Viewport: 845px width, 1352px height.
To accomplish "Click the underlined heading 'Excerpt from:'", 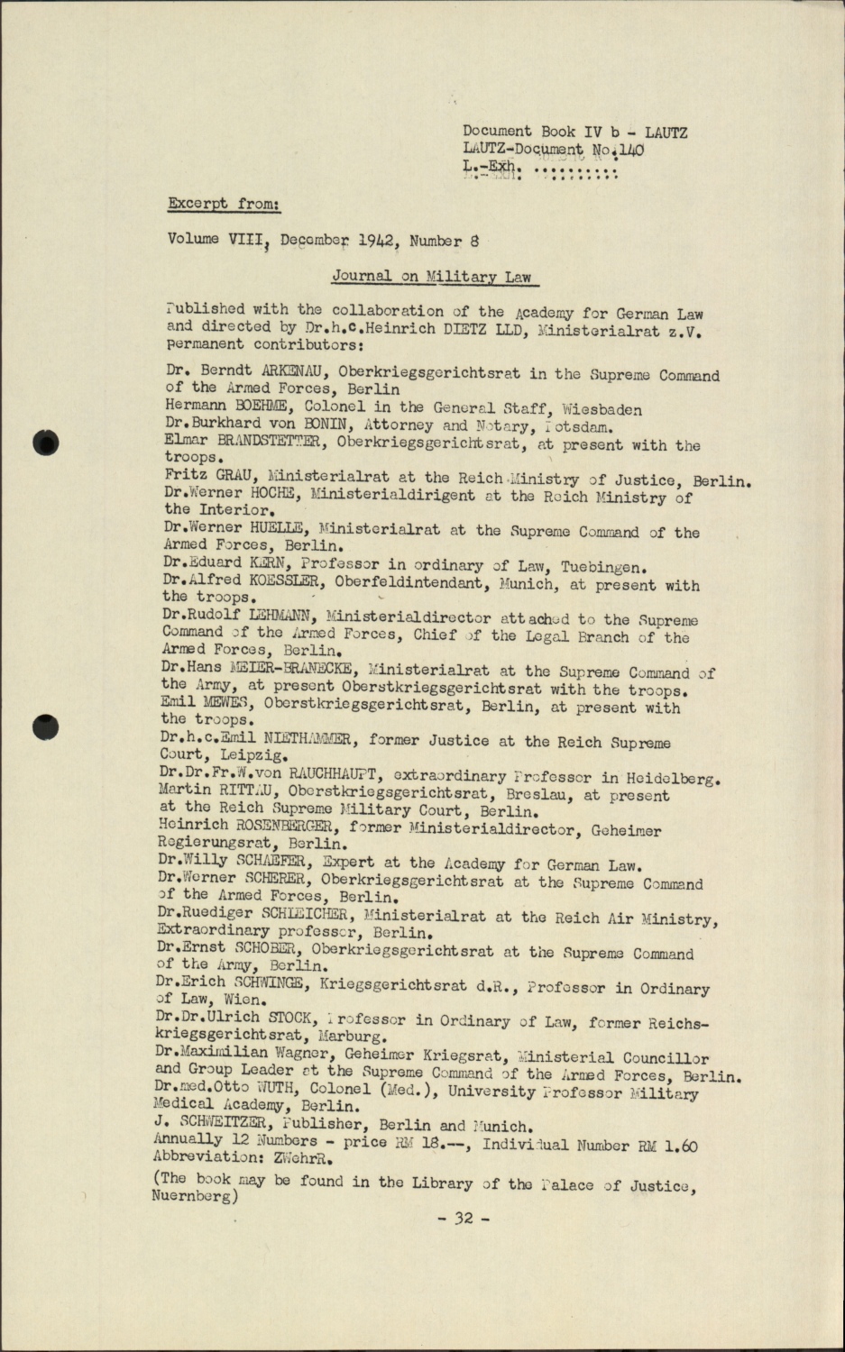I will pos(224,204).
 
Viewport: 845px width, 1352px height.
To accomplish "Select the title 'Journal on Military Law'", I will pos(431,277).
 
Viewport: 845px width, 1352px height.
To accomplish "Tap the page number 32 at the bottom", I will pos(464,1219).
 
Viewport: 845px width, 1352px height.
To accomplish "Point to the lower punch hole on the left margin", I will pos(44,725).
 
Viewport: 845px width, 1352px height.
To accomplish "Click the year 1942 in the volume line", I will pos(379,241).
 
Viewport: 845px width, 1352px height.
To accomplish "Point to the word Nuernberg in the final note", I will pos(192,1196).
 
